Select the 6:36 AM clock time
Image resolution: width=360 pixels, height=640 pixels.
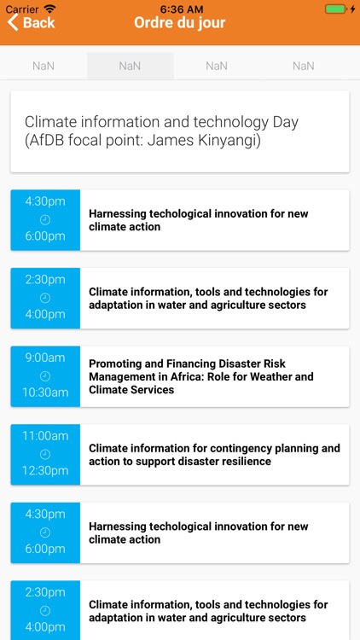click(180, 8)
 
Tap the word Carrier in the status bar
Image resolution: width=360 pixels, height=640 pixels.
click(22, 8)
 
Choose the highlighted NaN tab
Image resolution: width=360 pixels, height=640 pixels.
click(130, 66)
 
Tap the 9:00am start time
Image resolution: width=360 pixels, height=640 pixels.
click(45, 358)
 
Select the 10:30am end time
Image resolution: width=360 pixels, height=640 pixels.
click(45, 393)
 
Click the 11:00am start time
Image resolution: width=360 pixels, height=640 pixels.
click(45, 436)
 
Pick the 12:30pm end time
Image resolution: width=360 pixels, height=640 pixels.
click(45, 471)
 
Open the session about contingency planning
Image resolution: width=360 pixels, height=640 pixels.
click(214, 455)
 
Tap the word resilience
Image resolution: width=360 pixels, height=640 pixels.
click(245, 462)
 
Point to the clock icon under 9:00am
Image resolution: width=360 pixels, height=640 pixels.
click(45, 375)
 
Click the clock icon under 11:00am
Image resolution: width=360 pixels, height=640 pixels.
click(45, 454)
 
